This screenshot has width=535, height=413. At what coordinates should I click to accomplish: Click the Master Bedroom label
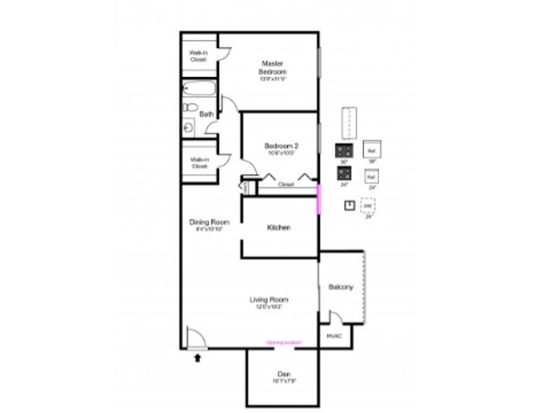coord(273,67)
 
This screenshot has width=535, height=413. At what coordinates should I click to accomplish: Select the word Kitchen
coord(279,228)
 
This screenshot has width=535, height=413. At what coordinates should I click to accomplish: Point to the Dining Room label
coord(209,222)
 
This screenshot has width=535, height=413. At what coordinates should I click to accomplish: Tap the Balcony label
coord(340,287)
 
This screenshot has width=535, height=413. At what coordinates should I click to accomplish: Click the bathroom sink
coord(189,126)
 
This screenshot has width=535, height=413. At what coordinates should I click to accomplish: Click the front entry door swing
coord(197,339)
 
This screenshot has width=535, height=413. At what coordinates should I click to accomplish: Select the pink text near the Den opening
coord(284,343)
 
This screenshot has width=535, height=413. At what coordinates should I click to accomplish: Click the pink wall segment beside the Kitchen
coord(319,199)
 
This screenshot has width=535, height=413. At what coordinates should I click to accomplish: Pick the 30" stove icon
coord(344,150)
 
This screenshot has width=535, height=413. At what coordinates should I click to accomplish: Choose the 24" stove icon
coord(344,173)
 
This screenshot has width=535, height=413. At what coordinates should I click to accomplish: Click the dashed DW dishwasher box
coord(368,205)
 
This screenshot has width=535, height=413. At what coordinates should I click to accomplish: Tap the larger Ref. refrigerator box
coord(372,149)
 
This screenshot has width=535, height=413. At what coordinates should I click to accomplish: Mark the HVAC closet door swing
coord(335,318)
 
